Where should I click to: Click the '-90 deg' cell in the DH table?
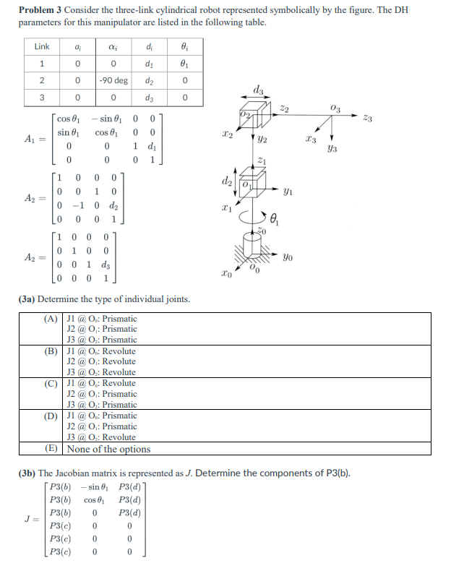[113, 80]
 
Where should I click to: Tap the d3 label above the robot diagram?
[258, 90]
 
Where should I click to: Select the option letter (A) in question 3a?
[51, 319]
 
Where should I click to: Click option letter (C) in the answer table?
[51, 383]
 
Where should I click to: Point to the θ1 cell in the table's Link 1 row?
[185, 63]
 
